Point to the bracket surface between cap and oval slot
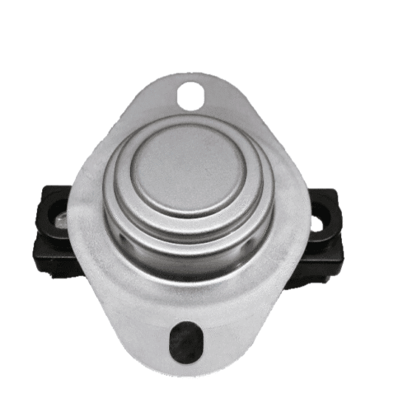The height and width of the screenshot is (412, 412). click(189, 301)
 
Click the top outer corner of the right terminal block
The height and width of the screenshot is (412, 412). click(334, 194)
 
